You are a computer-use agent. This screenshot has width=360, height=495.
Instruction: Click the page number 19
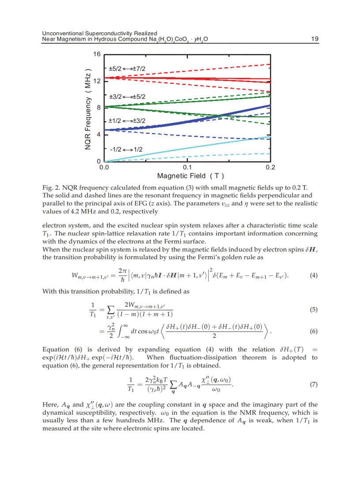point(314,39)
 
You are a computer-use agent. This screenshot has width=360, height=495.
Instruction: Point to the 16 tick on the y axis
point(97,54)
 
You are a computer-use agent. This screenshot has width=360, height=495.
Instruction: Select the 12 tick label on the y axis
point(97,81)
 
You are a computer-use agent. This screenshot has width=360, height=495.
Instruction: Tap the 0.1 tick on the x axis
point(187,168)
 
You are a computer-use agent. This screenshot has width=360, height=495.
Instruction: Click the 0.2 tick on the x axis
point(270,168)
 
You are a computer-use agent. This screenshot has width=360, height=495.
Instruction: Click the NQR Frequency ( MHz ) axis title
point(88,108)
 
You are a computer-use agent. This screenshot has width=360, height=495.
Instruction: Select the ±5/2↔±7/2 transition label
point(127,69)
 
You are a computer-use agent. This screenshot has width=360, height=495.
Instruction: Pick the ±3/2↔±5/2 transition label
point(127,97)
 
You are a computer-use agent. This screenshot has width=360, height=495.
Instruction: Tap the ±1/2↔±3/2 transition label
point(127,120)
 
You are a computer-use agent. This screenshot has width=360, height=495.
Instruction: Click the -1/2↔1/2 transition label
point(126,149)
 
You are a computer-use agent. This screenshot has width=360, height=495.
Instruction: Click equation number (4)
point(313,276)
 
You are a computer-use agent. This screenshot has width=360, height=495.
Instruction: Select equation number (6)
point(313,331)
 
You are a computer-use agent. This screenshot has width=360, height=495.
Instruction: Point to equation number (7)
point(313,384)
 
